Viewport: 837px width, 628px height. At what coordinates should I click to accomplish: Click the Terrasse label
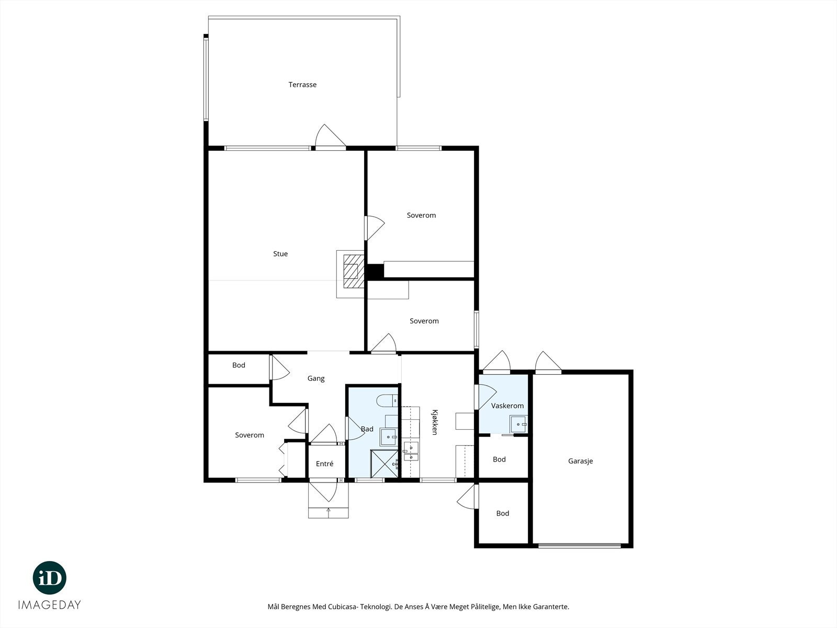click(302, 85)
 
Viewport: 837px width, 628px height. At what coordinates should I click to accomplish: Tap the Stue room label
click(280, 254)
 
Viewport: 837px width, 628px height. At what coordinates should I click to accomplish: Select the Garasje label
click(580, 461)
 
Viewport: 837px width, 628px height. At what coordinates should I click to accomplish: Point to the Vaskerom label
click(507, 406)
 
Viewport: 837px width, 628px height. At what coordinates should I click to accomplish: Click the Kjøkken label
click(435, 422)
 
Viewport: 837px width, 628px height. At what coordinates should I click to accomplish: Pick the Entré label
click(324, 464)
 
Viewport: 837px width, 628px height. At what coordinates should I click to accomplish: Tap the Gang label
click(316, 378)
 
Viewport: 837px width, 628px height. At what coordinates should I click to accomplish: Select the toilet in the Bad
click(387, 400)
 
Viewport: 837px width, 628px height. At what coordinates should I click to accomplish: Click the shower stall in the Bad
click(384, 464)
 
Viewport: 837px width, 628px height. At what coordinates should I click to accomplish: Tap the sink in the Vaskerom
click(518, 424)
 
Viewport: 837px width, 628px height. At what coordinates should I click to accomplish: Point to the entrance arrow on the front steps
click(329, 513)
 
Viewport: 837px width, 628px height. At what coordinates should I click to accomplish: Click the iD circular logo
click(50, 578)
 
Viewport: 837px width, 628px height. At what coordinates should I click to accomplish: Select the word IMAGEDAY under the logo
click(50, 605)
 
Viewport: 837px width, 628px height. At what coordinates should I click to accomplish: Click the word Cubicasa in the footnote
click(342, 607)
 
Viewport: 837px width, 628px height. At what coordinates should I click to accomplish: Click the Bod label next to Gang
click(239, 365)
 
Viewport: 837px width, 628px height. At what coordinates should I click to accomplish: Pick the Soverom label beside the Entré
click(250, 435)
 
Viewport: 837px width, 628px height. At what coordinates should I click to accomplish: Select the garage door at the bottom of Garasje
click(580, 546)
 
